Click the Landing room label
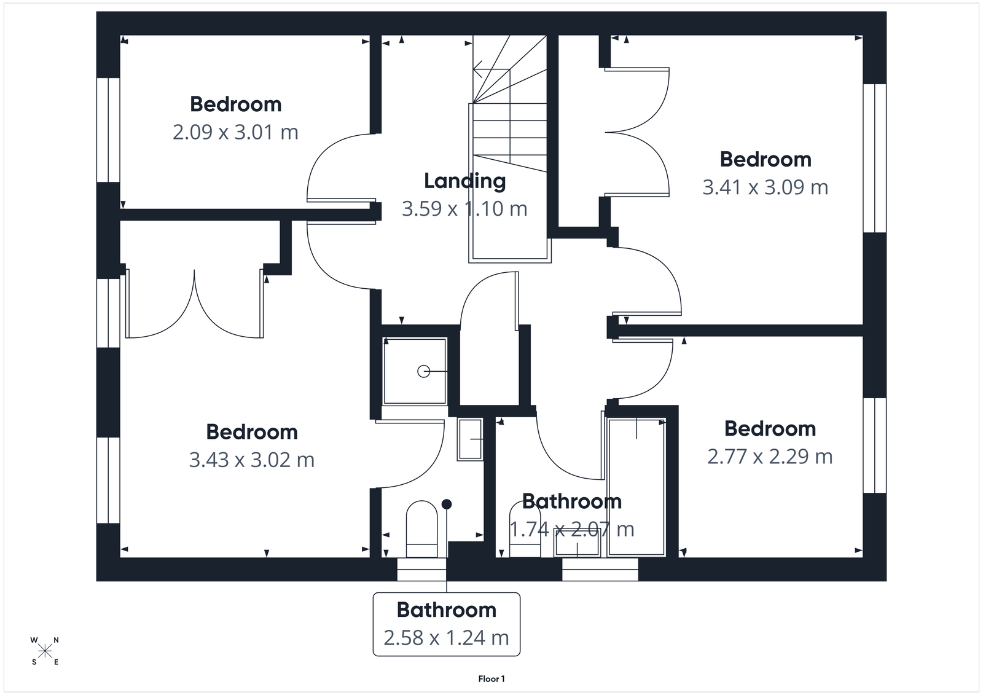tap(465, 181)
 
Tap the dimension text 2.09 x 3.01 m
tap(235, 132)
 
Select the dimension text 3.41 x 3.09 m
tap(765, 187)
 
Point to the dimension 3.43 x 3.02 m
tap(251, 460)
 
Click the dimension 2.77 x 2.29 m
tap(770, 457)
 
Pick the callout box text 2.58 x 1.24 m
tap(446, 638)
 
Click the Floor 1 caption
tap(491, 679)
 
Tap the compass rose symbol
tap(45, 651)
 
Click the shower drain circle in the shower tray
tap(423, 371)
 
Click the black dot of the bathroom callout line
tap(447, 504)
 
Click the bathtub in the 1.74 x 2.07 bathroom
tap(636, 485)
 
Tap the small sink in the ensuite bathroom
tap(470, 439)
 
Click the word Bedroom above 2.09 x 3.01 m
tap(235, 104)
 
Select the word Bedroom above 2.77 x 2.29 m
tap(770, 429)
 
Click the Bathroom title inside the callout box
tap(446, 610)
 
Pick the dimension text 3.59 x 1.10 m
tap(464, 209)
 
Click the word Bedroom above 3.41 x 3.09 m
tap(765, 160)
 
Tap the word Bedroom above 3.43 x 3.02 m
tap(251, 432)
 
